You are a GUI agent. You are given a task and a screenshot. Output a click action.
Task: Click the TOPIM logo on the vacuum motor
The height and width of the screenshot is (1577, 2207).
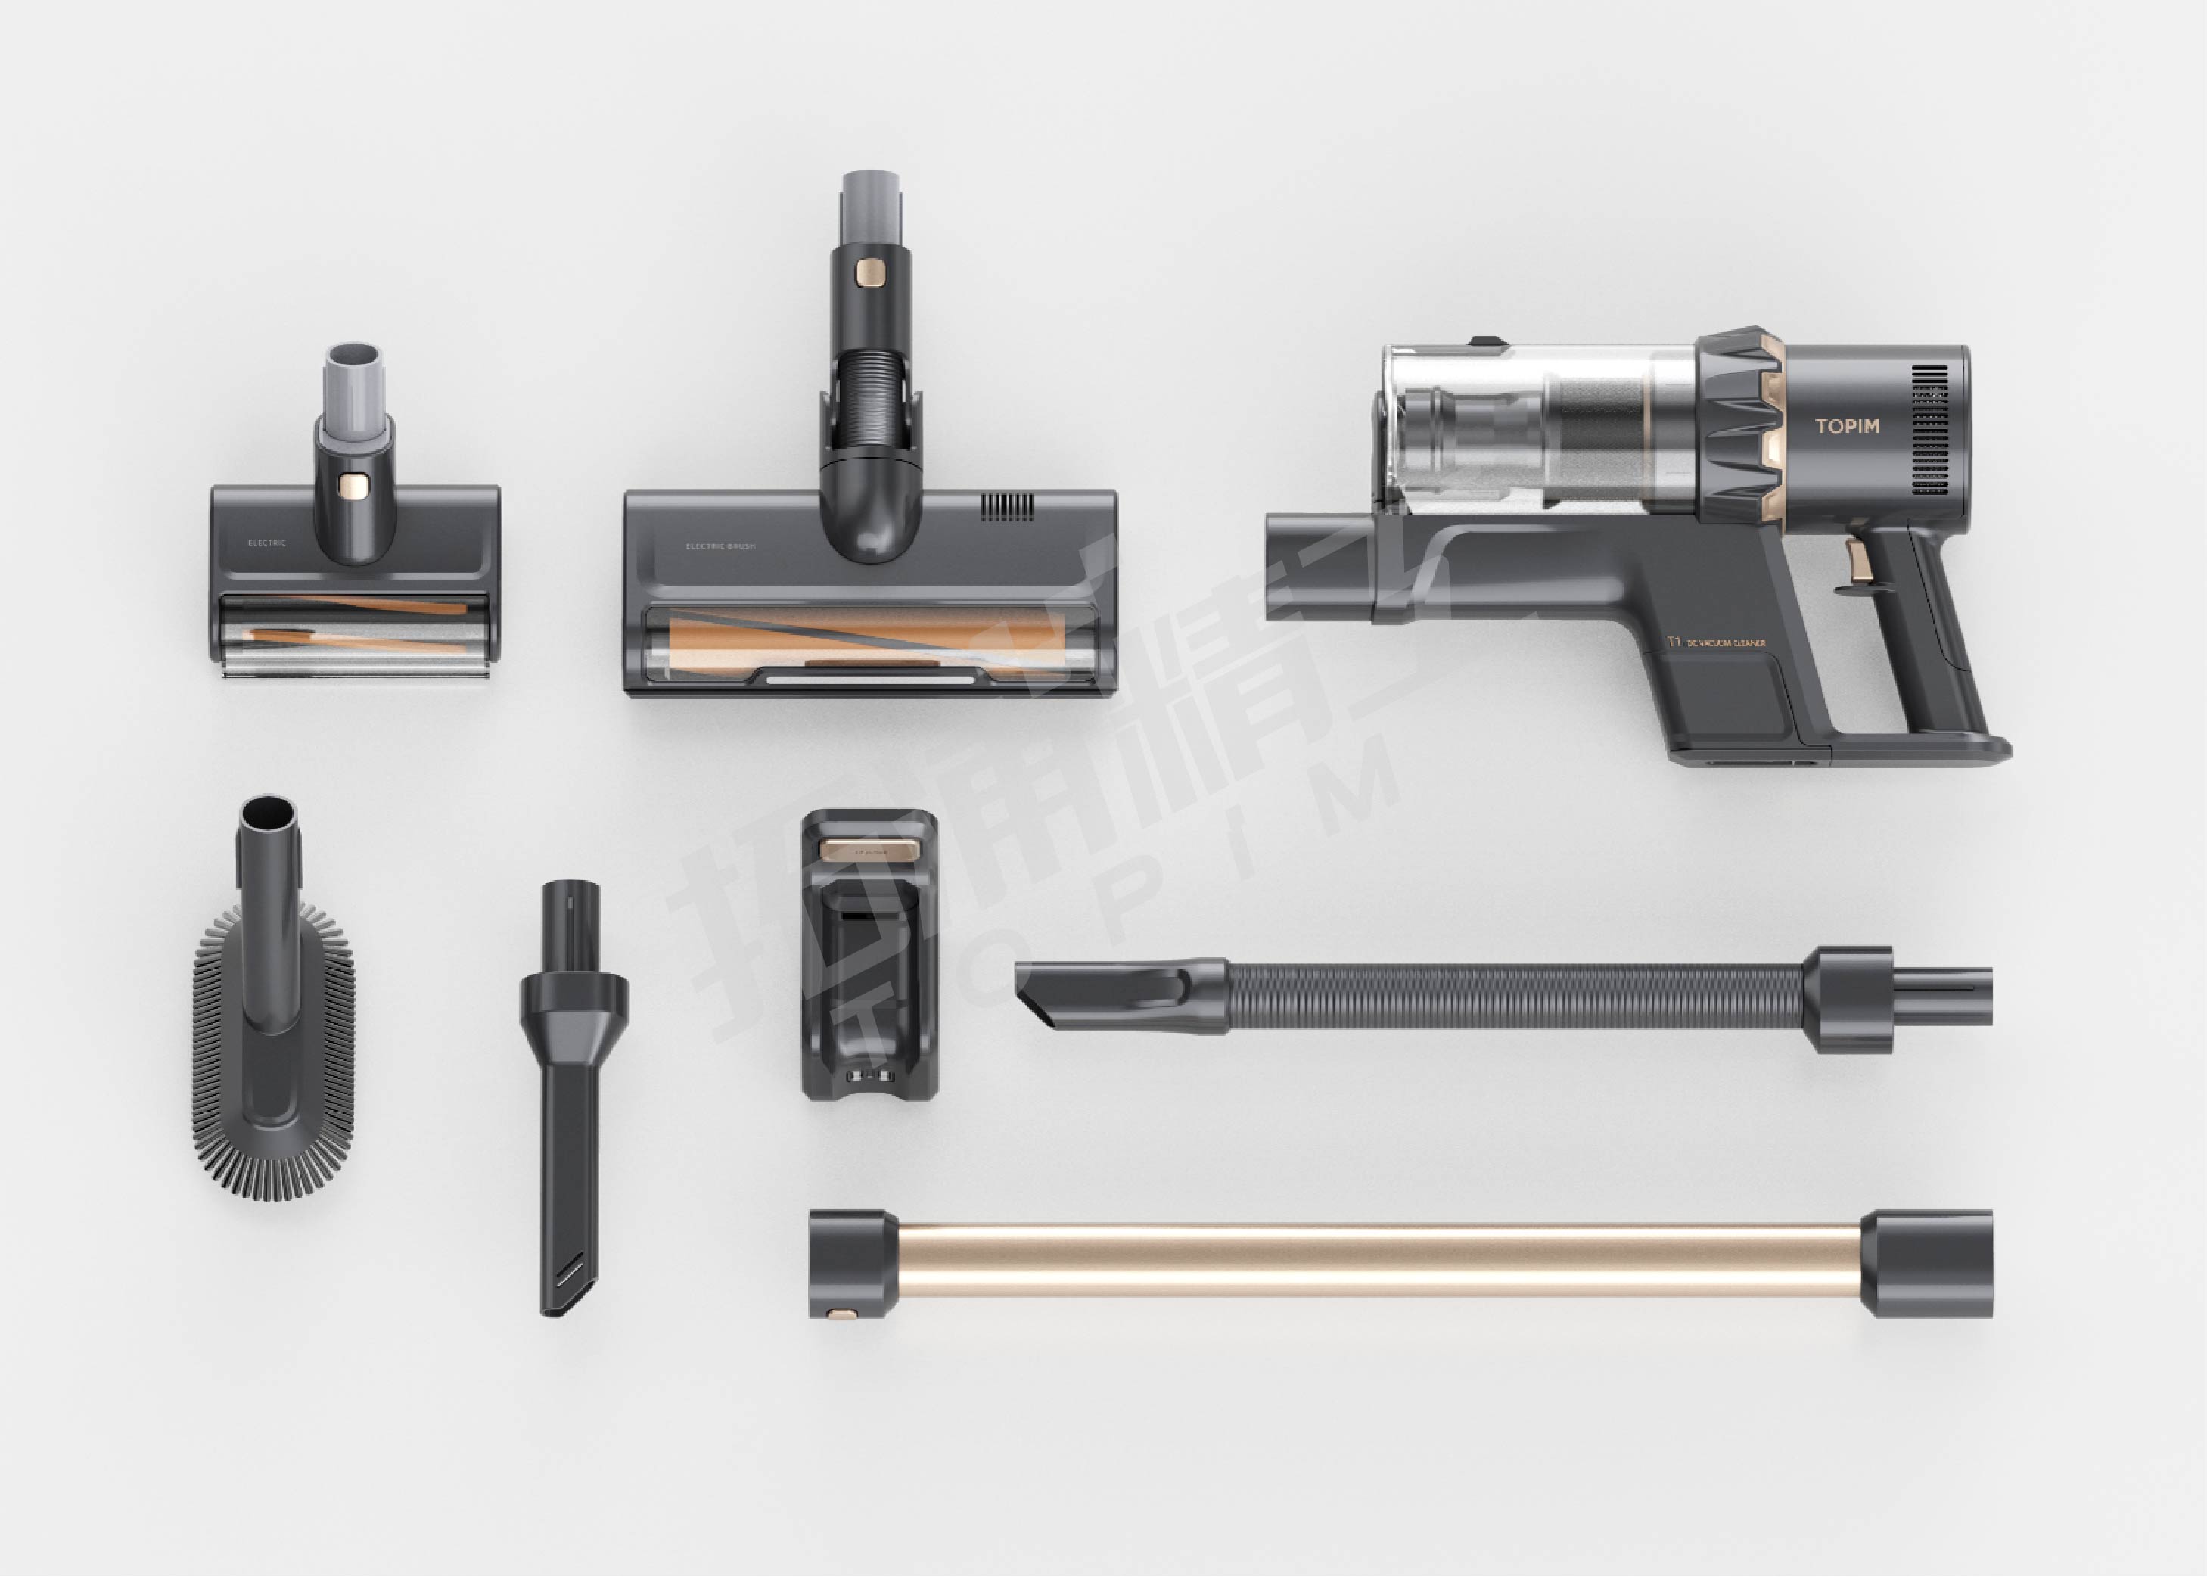pyautogui.click(x=1847, y=425)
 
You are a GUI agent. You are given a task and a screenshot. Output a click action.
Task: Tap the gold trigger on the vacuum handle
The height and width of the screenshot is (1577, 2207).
pyautogui.click(x=1857, y=562)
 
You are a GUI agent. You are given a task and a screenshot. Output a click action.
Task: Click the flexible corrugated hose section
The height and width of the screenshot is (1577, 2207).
pyautogui.click(x=1515, y=997)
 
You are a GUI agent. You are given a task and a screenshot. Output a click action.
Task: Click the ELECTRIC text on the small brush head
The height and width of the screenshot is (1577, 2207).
pyautogui.click(x=267, y=543)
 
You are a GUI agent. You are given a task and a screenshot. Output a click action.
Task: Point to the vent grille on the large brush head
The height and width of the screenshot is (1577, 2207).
pyautogui.click(x=1007, y=506)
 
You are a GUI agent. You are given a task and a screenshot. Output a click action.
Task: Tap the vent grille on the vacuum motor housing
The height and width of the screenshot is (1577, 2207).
pyautogui.click(x=1929, y=431)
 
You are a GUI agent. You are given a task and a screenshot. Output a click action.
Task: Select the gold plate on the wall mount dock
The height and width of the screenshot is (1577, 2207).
pyautogui.click(x=868, y=850)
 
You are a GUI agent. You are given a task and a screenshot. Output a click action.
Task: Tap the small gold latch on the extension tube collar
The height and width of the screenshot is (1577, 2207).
pyautogui.click(x=841, y=1313)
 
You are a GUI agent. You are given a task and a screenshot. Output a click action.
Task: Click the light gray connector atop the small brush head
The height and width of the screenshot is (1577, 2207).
pyautogui.click(x=354, y=378)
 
